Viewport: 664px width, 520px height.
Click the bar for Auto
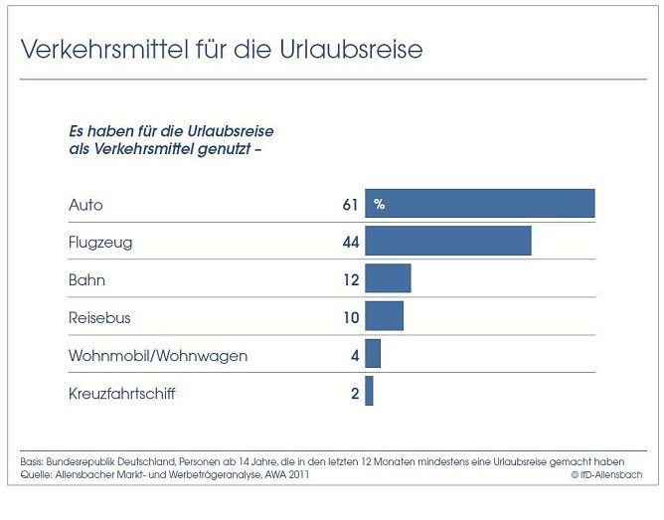[479, 204]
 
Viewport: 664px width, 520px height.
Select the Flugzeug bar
[447, 241]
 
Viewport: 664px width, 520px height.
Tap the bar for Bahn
[388, 278]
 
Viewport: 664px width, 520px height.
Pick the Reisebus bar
[384, 316]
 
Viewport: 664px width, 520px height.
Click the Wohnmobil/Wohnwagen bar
[373, 354]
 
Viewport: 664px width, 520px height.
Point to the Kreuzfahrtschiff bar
[369, 392]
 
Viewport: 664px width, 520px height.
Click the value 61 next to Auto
[349, 205]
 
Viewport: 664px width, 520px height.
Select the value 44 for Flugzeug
[349, 242]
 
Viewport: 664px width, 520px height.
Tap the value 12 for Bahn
[350, 279]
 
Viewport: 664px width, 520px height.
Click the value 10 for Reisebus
[350, 317]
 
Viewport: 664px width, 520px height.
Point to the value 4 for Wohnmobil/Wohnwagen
[354, 355]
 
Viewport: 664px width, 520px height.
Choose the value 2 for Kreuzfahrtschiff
[354, 393]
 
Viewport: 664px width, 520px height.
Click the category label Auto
[85, 205]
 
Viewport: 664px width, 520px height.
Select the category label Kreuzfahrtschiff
[121, 393]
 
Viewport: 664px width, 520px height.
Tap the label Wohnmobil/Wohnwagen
[158, 355]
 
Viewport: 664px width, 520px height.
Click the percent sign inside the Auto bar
[379, 205]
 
